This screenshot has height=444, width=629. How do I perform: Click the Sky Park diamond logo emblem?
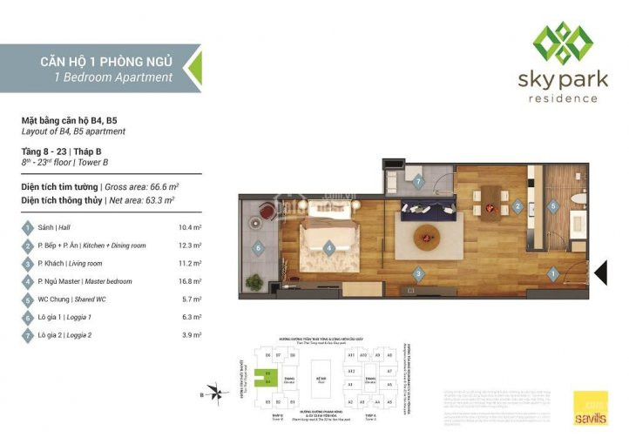coord(565,43)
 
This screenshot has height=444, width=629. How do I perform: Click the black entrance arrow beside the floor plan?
coord(601,273)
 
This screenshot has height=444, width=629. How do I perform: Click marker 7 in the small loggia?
coord(418,183)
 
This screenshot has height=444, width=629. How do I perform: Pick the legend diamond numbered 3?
coord(28,263)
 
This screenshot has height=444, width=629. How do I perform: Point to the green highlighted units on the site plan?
coord(269,376)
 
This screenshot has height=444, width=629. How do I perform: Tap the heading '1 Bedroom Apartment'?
coord(113,77)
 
